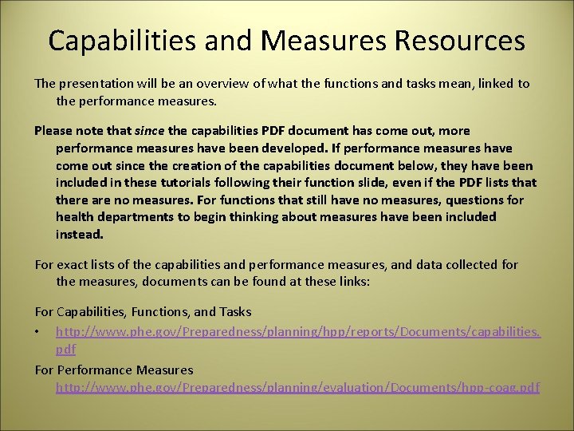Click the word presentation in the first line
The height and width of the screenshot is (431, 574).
pos(96,84)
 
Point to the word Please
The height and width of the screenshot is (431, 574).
pos(53,130)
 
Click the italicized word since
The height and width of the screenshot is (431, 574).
pos(149,130)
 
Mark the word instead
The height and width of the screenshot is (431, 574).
pos(79,235)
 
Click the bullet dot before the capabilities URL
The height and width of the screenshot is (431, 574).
pos(38,330)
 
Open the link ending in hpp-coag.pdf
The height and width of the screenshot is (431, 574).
pos(297,388)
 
